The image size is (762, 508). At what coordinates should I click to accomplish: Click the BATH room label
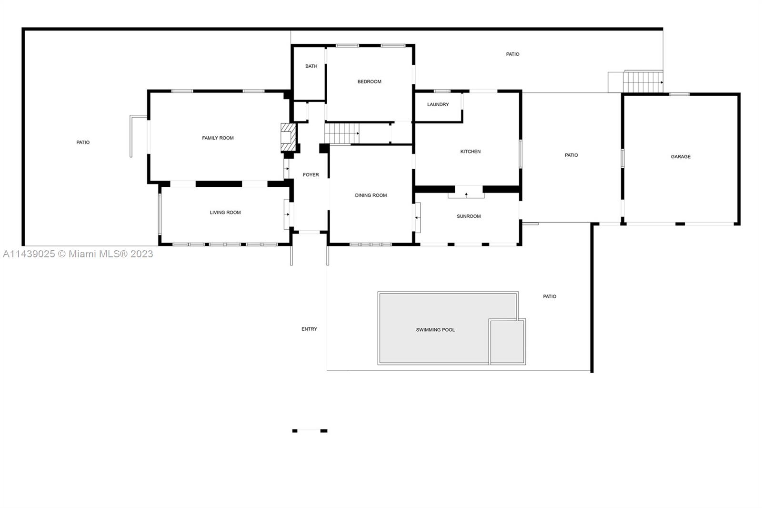[311, 66]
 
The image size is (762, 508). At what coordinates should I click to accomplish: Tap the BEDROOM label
[369, 81]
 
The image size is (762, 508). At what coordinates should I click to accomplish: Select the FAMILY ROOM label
[218, 138]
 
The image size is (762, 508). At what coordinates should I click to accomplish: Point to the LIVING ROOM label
[225, 213]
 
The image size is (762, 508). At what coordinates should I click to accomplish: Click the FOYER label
[311, 175]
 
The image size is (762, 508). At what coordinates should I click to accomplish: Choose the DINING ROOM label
[371, 195]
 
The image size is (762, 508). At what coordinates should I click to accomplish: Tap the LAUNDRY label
[438, 104]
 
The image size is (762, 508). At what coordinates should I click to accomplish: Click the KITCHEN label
[470, 152]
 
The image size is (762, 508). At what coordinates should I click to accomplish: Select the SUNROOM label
[469, 216]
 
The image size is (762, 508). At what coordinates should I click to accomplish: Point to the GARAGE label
[681, 157]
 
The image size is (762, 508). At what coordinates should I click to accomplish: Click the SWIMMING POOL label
[435, 330]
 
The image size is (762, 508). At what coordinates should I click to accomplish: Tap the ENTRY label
[309, 329]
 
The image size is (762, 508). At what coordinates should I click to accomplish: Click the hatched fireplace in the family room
[288, 137]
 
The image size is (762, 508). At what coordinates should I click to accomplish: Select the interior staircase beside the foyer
[342, 133]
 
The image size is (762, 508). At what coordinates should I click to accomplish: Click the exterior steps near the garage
[642, 82]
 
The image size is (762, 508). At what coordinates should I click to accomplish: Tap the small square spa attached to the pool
[507, 341]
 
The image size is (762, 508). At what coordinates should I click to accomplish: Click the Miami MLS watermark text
[78, 254]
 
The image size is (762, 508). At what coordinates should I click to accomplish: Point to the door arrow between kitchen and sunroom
[466, 194]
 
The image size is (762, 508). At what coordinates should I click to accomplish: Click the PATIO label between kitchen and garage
[571, 155]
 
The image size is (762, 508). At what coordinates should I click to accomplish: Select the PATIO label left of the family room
[83, 142]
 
